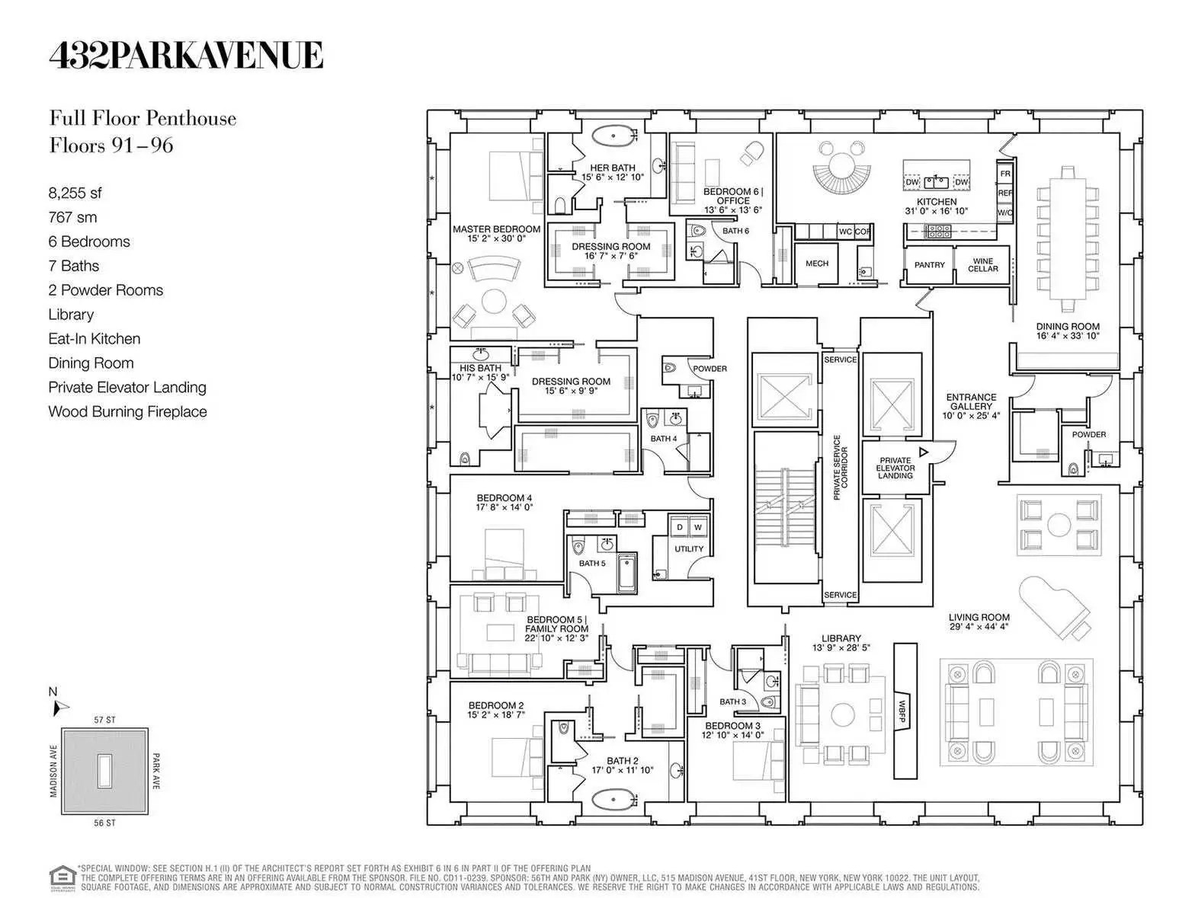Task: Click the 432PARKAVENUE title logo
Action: (x=186, y=56)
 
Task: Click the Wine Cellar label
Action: (x=982, y=264)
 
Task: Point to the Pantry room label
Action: (x=929, y=265)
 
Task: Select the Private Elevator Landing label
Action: (x=895, y=468)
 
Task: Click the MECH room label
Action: (x=816, y=264)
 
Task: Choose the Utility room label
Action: (x=688, y=548)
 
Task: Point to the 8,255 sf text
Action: (x=75, y=193)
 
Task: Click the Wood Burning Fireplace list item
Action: (x=127, y=412)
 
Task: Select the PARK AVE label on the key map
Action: (x=156, y=771)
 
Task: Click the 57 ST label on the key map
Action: (x=104, y=720)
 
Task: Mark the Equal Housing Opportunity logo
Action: (x=62, y=877)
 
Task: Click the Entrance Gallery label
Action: (x=970, y=406)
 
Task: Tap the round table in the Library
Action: (x=842, y=714)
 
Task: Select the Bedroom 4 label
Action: (x=504, y=503)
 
